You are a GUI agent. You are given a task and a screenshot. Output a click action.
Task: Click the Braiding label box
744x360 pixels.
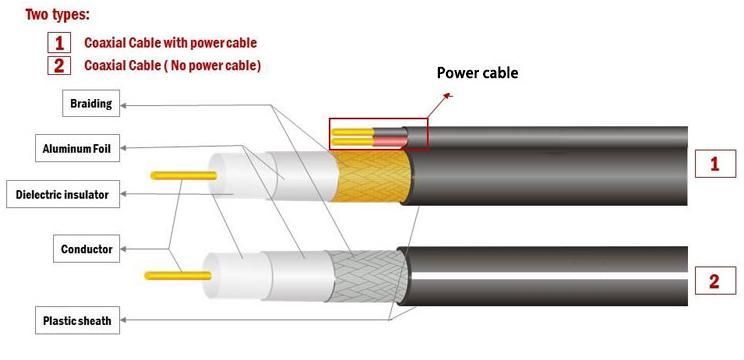coord(90,103)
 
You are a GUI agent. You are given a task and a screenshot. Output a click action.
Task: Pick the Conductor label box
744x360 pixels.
coord(87,248)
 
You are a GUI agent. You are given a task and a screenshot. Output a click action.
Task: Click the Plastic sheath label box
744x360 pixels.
coord(76,321)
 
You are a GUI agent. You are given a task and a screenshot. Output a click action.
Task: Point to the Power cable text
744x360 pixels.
coord(478,73)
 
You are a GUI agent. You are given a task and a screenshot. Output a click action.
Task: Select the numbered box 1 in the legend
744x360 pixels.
coord(60,43)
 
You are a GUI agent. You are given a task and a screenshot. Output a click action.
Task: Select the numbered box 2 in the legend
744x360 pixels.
coord(60,66)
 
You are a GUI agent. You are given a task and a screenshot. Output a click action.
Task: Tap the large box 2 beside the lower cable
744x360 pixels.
coord(714,281)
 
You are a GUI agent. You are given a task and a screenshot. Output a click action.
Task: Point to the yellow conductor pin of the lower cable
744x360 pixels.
coord(170,274)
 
